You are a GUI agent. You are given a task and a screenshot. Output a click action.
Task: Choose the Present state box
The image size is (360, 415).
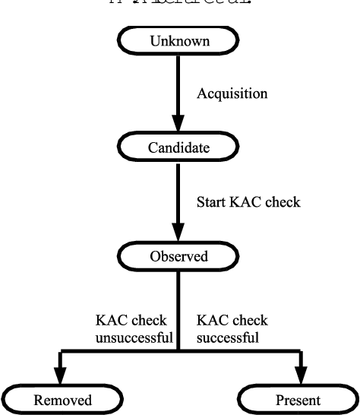click(x=298, y=399)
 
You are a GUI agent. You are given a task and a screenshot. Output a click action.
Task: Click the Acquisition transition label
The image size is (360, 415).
click(x=231, y=94)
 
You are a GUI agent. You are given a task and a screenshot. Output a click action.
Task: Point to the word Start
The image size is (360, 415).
click(x=212, y=202)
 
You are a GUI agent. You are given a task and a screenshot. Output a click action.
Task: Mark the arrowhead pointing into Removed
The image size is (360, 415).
click(x=57, y=377)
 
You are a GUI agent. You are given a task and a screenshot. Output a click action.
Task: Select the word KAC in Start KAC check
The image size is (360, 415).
click(x=246, y=202)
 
